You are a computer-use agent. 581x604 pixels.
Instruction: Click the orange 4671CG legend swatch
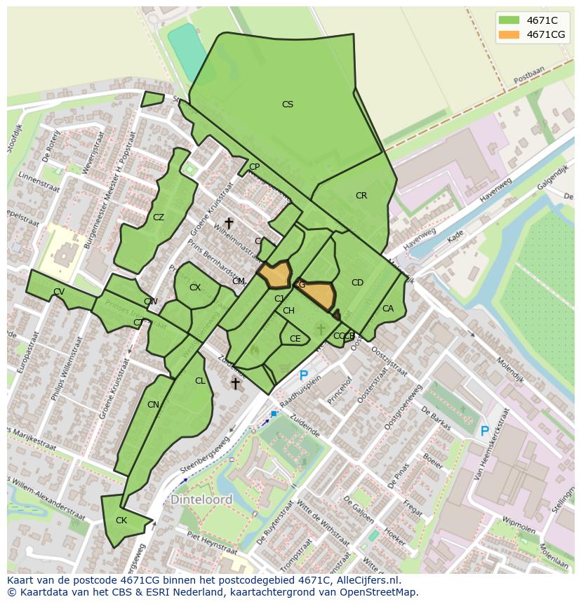pos(509,34)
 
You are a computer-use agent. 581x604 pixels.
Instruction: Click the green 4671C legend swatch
pos(509,20)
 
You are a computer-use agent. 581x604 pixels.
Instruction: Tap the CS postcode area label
pos(287,105)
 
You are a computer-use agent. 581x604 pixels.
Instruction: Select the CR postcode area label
pos(361,196)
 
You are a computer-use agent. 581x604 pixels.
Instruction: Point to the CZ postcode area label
pos(159,217)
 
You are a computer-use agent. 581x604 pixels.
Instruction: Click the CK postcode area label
pos(121,521)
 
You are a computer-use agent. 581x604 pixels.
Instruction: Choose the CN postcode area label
pos(153,405)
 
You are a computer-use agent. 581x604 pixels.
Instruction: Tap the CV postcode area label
pos(59,292)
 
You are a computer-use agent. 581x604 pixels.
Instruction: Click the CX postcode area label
pos(195,288)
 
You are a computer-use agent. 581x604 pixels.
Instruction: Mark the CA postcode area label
pos(388,309)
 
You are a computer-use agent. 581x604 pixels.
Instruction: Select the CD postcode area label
pos(357,283)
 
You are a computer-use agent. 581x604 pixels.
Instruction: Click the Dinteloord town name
pos(201,499)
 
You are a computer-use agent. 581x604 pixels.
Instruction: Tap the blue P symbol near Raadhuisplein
pos(303,376)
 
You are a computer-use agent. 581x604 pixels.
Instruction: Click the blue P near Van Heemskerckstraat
pos(484,431)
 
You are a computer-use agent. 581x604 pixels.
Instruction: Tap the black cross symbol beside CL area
pos(236,383)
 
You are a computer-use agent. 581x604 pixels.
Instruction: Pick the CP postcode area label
pos(254,167)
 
